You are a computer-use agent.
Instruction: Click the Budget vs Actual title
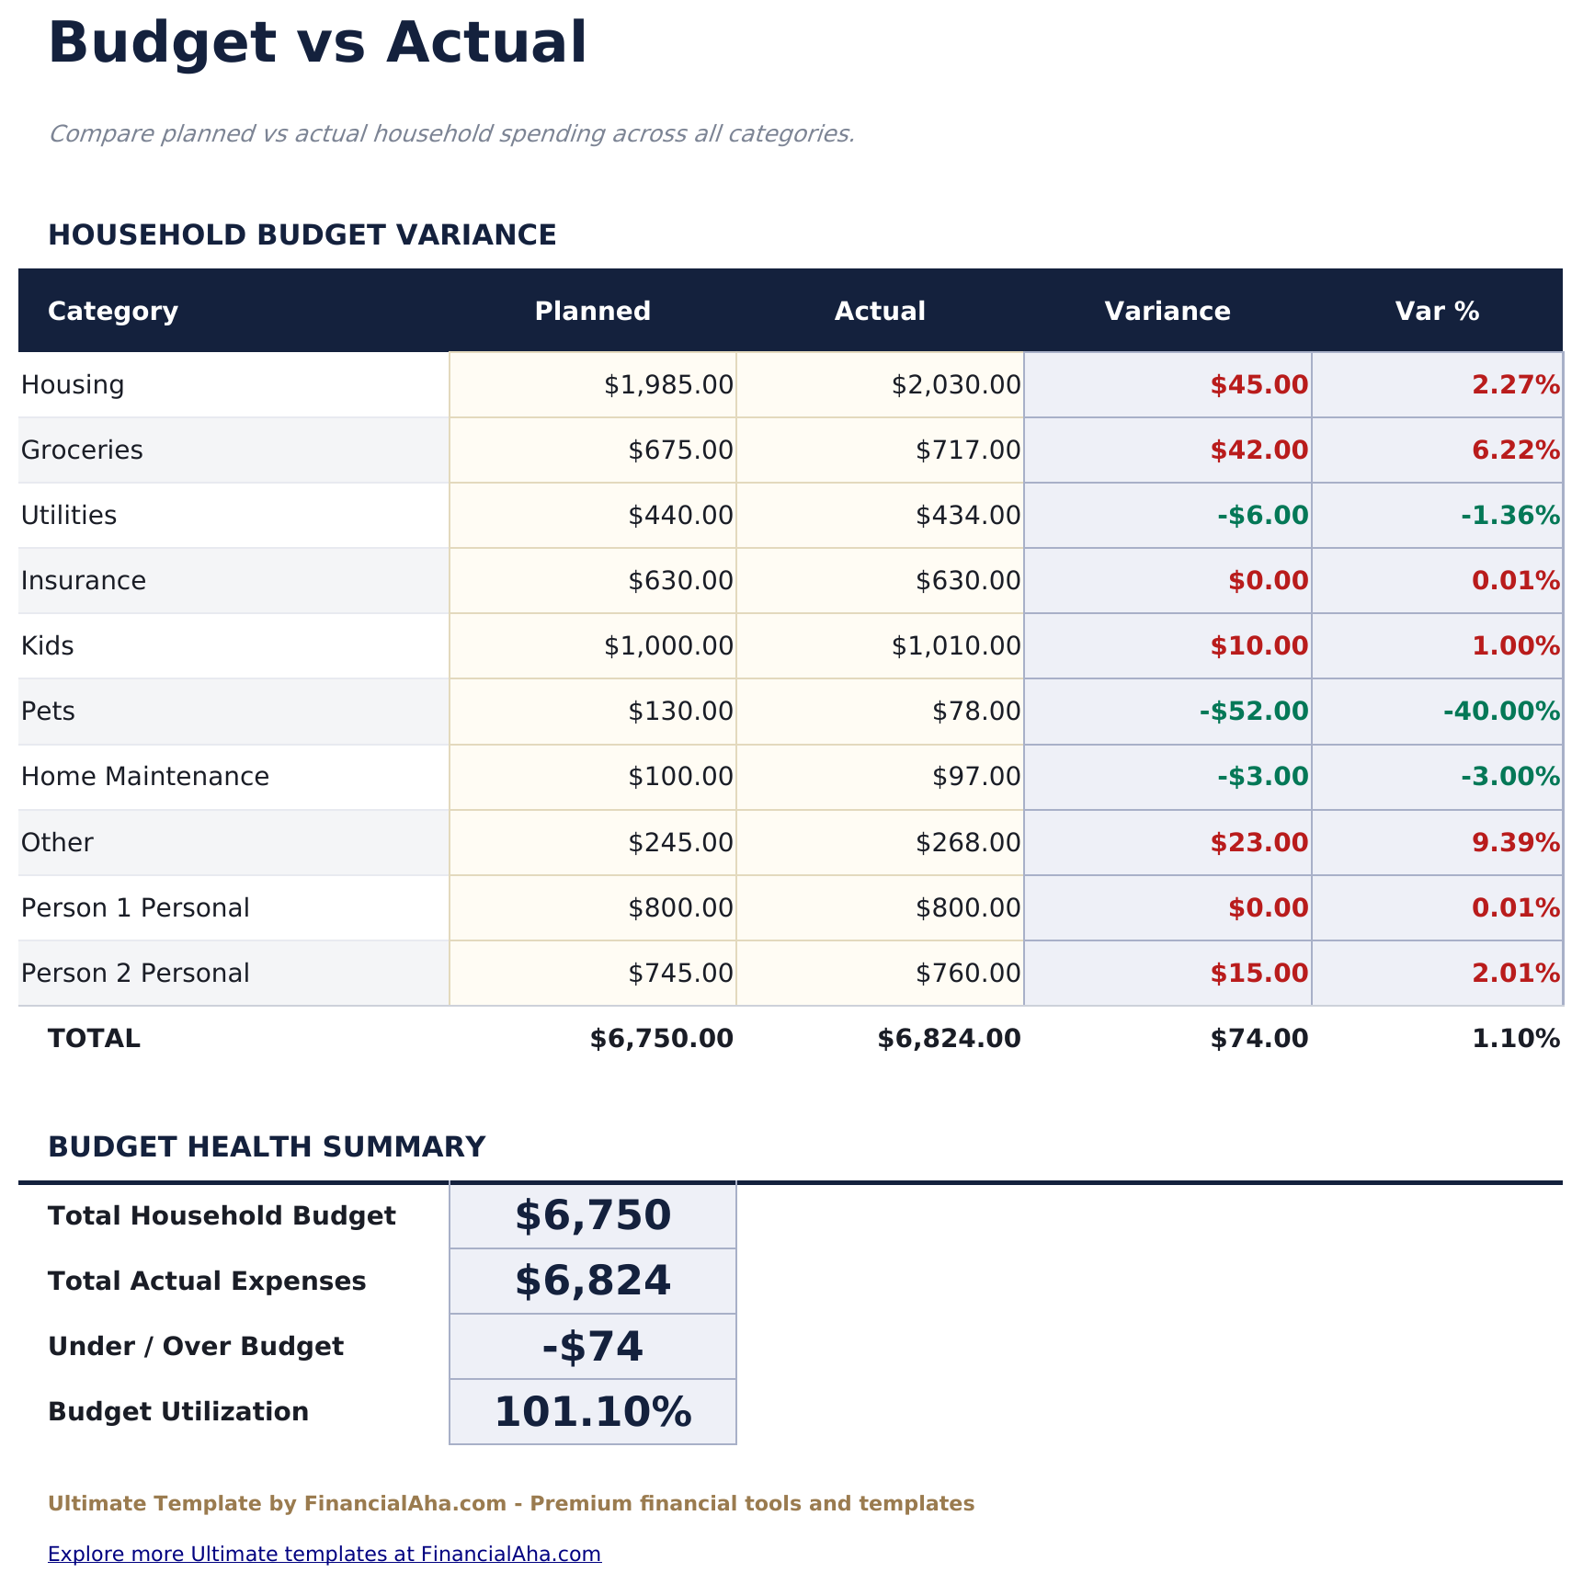pyautogui.click(x=317, y=44)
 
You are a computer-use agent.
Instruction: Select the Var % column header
pyautogui.click(x=1437, y=312)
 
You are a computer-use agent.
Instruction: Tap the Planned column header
pyautogui.click(x=592, y=312)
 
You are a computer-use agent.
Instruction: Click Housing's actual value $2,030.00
pyautogui.click(x=956, y=385)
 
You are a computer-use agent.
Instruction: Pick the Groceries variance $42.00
pyautogui.click(x=1258, y=450)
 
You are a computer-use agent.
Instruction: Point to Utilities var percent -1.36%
pyautogui.click(x=1510, y=516)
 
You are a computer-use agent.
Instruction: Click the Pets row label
pyautogui.click(x=48, y=712)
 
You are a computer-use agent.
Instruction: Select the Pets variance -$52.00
pyautogui.click(x=1254, y=712)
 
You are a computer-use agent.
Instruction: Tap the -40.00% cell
pyautogui.click(x=1501, y=712)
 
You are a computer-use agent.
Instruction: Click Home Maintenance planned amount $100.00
pyautogui.click(x=680, y=777)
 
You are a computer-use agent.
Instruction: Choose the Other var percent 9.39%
pyautogui.click(x=1516, y=843)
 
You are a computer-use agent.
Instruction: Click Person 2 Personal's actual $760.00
pyautogui.click(x=968, y=974)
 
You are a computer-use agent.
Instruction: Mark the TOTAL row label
pyautogui.click(x=94, y=1039)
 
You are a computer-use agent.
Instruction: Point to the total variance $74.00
pyautogui.click(x=1258, y=1039)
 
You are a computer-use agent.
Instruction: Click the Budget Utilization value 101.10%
pyautogui.click(x=593, y=1412)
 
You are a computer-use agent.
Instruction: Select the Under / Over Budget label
pyautogui.click(x=196, y=1347)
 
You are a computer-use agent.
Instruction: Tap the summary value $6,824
pyautogui.click(x=593, y=1282)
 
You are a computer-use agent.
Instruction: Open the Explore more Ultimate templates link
pyautogui.click(x=325, y=1554)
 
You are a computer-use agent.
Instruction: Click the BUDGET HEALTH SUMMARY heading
pyautogui.click(x=267, y=1147)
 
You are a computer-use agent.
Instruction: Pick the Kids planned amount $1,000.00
pyautogui.click(x=668, y=646)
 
